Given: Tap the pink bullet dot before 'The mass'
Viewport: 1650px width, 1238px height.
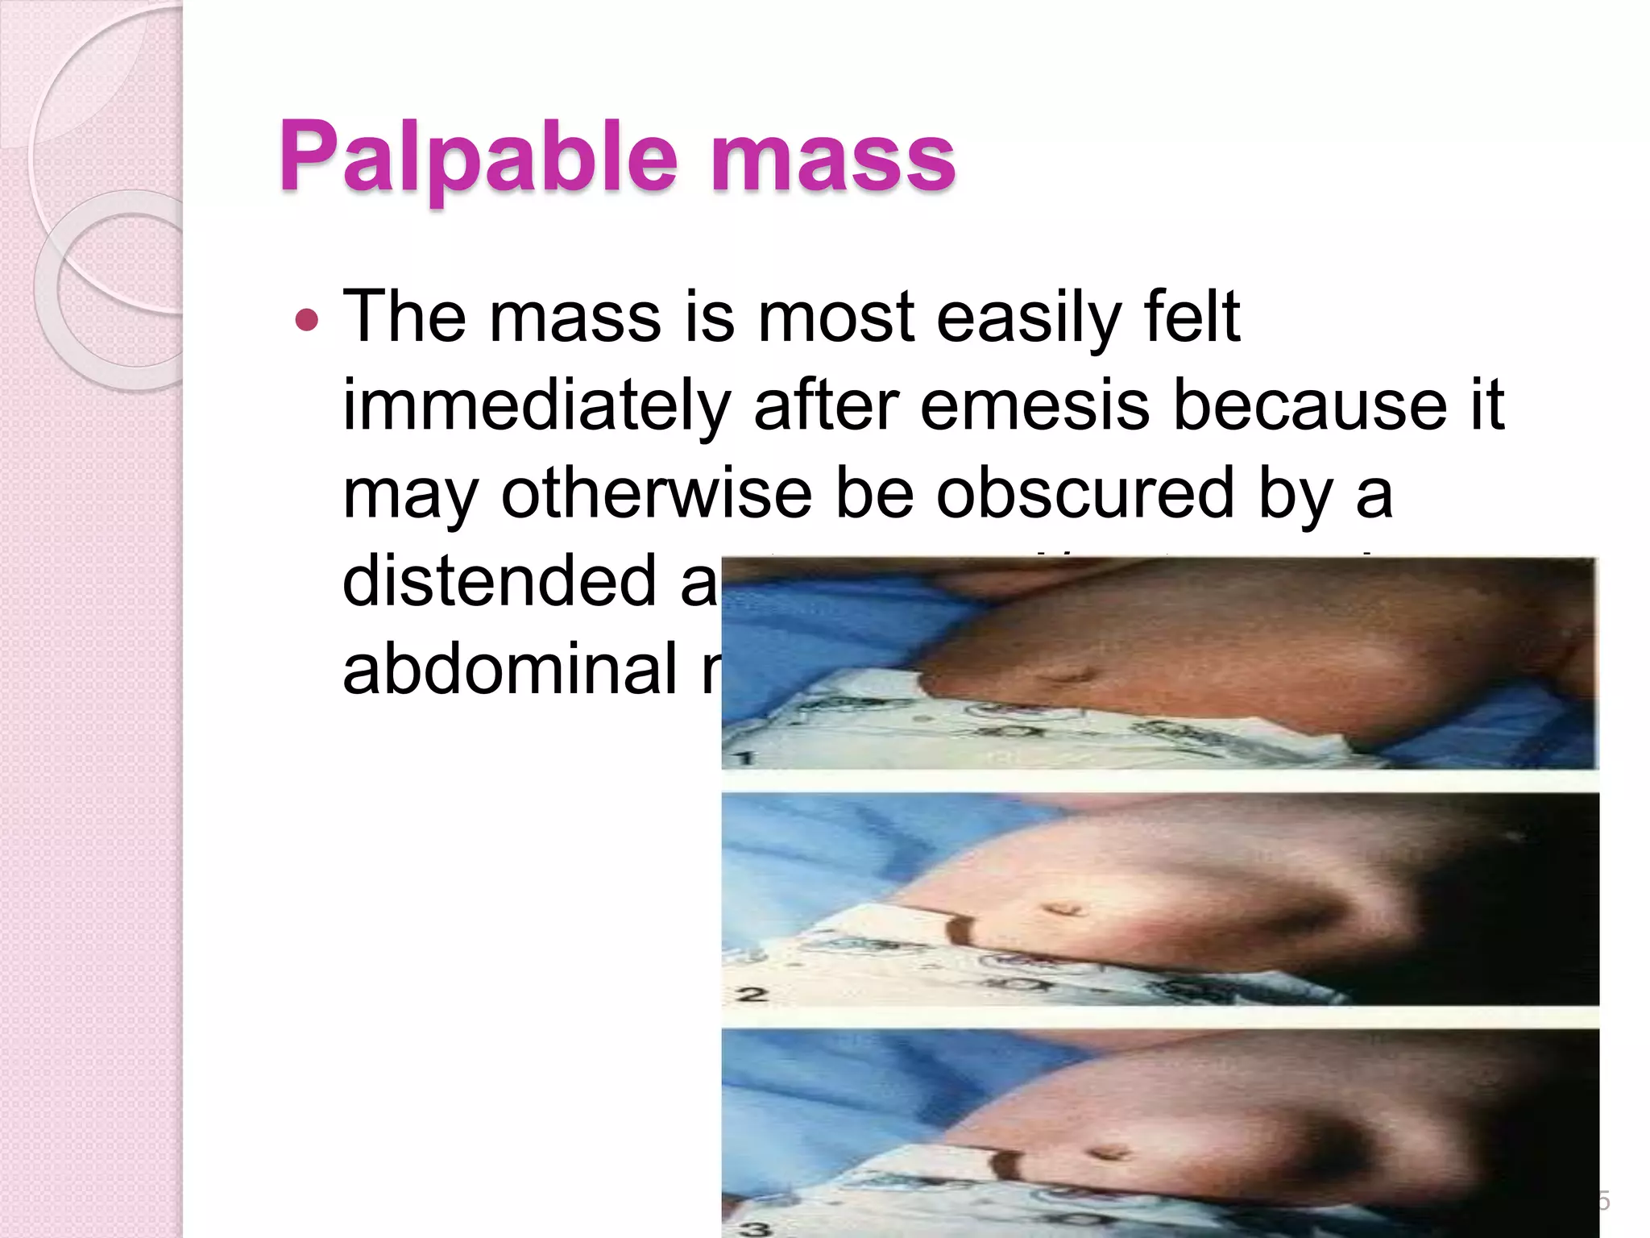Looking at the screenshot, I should [307, 320].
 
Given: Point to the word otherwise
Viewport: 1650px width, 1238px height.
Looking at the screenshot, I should [657, 493].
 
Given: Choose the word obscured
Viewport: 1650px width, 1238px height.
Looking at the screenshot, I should [1084, 493].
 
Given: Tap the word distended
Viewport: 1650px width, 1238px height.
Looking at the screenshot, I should [500, 580].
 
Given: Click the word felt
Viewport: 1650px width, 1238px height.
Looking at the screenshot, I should [1193, 316].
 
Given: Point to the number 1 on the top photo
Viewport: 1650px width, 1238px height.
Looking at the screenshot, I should [744, 757].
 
